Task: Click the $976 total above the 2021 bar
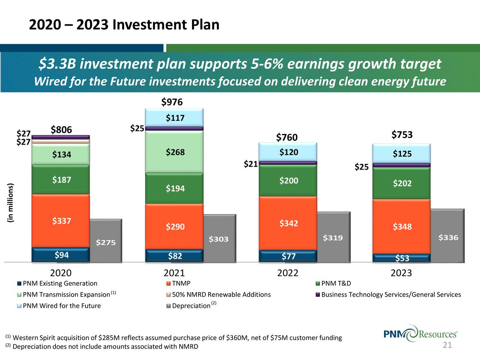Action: click(172, 102)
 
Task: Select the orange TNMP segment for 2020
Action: click(61, 221)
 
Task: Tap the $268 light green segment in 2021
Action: click(175, 152)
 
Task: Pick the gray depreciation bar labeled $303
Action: click(219, 239)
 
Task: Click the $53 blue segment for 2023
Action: click(402, 258)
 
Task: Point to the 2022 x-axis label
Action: click(288, 273)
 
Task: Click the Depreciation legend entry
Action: click(191, 306)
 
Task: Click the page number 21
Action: click(447, 345)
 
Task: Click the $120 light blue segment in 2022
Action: click(288, 152)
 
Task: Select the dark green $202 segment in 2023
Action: click(402, 183)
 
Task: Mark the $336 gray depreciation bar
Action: click(448, 237)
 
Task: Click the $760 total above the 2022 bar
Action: click(287, 138)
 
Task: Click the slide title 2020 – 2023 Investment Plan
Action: click(124, 25)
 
